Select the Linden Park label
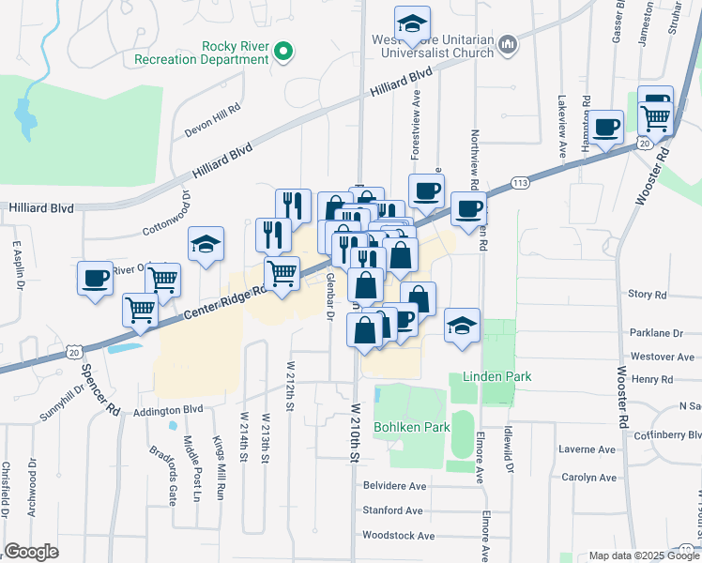click(496, 376)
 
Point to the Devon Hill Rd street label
click(212, 108)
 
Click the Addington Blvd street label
click(168, 410)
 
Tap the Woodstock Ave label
click(399, 536)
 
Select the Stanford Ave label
click(393, 511)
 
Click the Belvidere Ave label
click(394, 487)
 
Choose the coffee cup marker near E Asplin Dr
click(95, 279)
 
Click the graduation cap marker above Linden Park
click(462, 327)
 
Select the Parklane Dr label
click(656, 333)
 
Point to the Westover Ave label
click(662, 357)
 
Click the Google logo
click(31, 552)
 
